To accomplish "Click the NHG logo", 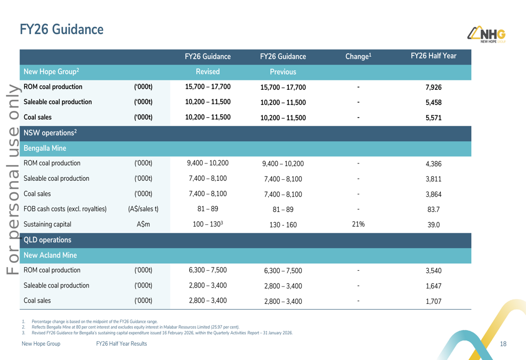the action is pyautogui.click(x=487, y=35).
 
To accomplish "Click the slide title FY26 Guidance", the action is pyautogui.click(x=62, y=29).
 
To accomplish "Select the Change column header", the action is pyautogui.click(x=358, y=56).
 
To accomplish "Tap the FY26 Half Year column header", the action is pyautogui.click(x=433, y=56).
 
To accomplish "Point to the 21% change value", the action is pyautogui.click(x=358, y=224).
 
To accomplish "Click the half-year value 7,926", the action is pyautogui.click(x=433, y=87).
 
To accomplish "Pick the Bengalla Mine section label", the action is pyautogui.click(x=45, y=148).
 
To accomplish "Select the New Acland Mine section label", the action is pyautogui.click(x=50, y=255).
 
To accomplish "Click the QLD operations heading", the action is pyautogui.click(x=47, y=240).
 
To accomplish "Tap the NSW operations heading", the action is pyautogui.click(x=50, y=133).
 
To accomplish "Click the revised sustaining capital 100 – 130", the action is pyautogui.click(x=208, y=224).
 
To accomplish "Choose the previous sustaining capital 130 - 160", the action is pyautogui.click(x=283, y=225).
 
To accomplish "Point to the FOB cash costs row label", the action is pyautogui.click(x=65, y=209).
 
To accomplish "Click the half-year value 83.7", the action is pyautogui.click(x=433, y=210).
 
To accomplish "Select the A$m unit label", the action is pyautogui.click(x=143, y=224).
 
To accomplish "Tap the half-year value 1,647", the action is pyautogui.click(x=433, y=286).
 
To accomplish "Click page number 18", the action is pyautogui.click(x=503, y=344).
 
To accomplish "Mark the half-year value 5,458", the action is pyautogui.click(x=433, y=102).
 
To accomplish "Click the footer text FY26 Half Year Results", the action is pyautogui.click(x=122, y=344).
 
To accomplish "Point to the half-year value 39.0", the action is pyautogui.click(x=433, y=225).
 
